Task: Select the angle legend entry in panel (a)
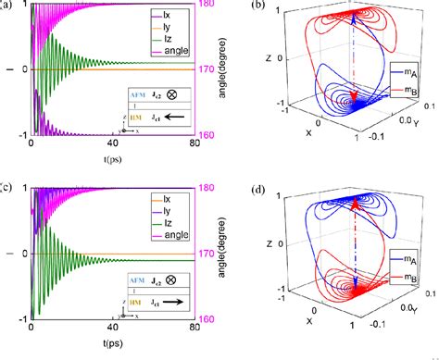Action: [x=167, y=52]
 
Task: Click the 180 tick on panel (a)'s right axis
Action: [x=208, y=6]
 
